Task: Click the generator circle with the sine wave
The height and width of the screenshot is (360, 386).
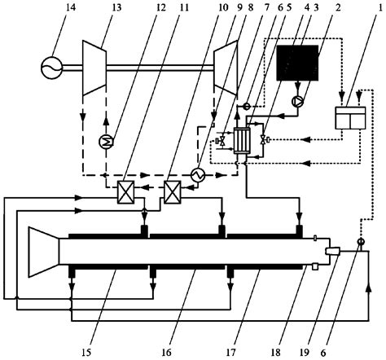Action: [x=51, y=68]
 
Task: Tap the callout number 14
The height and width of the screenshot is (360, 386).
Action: [x=70, y=7]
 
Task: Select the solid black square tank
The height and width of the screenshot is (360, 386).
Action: [x=297, y=63]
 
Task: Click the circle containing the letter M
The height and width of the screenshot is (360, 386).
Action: [x=106, y=142]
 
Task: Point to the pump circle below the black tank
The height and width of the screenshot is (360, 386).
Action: [x=297, y=101]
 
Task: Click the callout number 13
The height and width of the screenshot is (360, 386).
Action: [x=116, y=7]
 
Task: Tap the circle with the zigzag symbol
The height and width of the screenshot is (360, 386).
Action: [x=198, y=176]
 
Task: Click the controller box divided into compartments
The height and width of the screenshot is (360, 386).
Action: [x=351, y=118]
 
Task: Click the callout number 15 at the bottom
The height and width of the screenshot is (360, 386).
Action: [x=86, y=353]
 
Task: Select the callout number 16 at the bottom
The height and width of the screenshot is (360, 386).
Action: [x=166, y=353]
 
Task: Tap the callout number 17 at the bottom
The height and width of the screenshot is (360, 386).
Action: [x=230, y=353]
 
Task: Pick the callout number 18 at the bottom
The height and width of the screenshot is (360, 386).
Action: [x=276, y=353]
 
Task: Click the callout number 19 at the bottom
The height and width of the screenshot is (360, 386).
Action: [x=305, y=353]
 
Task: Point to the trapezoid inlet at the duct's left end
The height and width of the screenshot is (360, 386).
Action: [x=44, y=252]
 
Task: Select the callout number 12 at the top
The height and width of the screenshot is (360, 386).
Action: [x=160, y=7]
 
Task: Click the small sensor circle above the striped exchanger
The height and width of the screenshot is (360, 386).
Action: [x=247, y=106]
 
